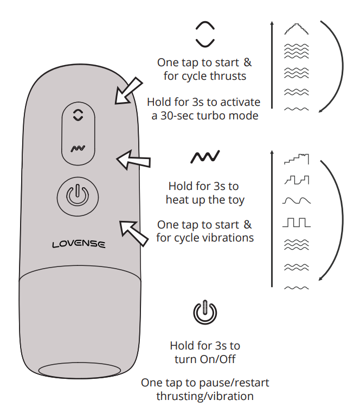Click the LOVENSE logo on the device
[x=79, y=244]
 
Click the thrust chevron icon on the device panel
[x=79, y=115]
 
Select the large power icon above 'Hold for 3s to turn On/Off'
[x=205, y=313]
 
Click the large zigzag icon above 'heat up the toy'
[x=205, y=157]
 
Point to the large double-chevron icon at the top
[x=205, y=33]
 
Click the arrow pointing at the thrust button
[x=128, y=91]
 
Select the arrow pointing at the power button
[x=134, y=231]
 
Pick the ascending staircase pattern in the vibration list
[x=296, y=160]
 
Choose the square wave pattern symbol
[x=296, y=222]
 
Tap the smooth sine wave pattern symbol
[x=296, y=201]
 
